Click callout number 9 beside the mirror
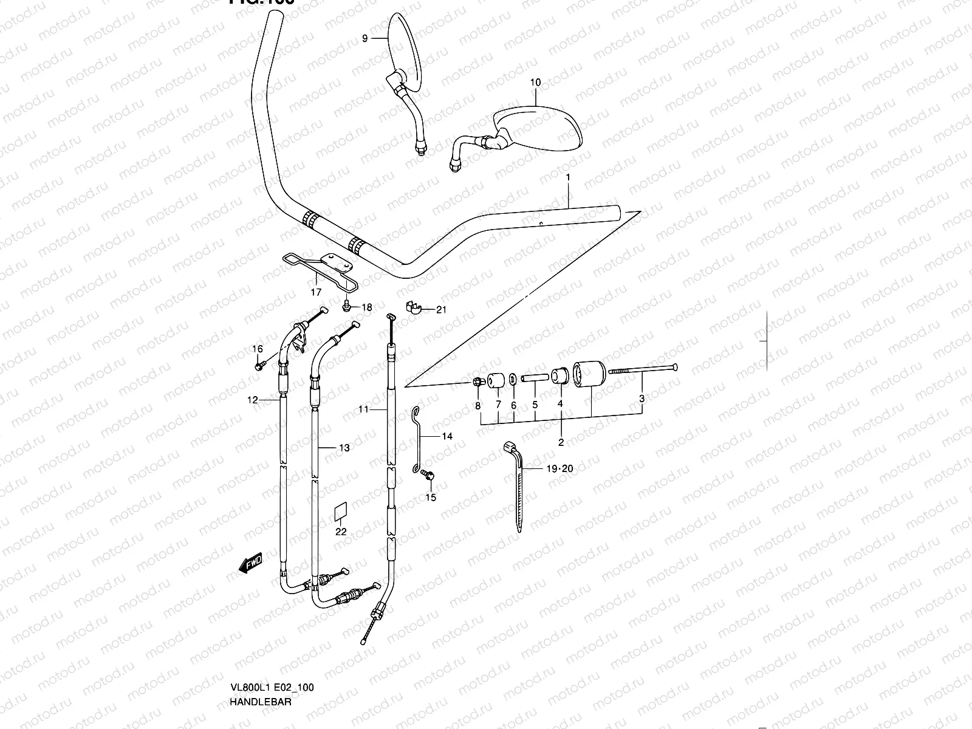pyautogui.click(x=364, y=38)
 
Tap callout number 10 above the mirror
pyautogui.click(x=535, y=83)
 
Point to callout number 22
pyautogui.click(x=341, y=532)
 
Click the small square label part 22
pyautogui.click(x=341, y=512)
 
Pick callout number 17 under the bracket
pyautogui.click(x=315, y=292)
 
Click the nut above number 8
pyautogui.click(x=477, y=382)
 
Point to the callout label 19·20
pyautogui.click(x=560, y=468)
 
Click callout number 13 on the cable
pyautogui.click(x=344, y=448)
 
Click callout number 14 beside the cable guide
pyautogui.click(x=447, y=436)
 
